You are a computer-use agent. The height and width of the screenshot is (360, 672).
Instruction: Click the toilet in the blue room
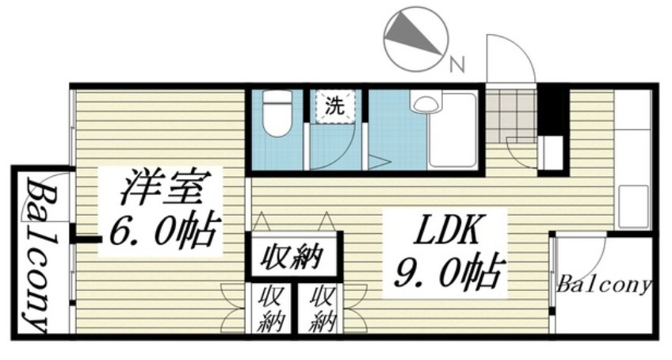[x=277, y=115]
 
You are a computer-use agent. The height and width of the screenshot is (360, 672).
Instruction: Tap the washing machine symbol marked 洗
[x=336, y=107]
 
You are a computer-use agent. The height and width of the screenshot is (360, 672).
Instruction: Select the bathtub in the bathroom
[x=452, y=130]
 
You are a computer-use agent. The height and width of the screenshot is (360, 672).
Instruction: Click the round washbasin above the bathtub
[x=423, y=101]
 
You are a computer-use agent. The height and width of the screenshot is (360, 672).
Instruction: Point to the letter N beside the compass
[x=456, y=64]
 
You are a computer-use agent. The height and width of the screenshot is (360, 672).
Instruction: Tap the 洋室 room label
[x=162, y=188]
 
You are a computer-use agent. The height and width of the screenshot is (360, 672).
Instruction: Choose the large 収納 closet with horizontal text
[x=292, y=257]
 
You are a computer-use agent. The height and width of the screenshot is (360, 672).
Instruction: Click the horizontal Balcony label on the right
[x=603, y=284]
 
